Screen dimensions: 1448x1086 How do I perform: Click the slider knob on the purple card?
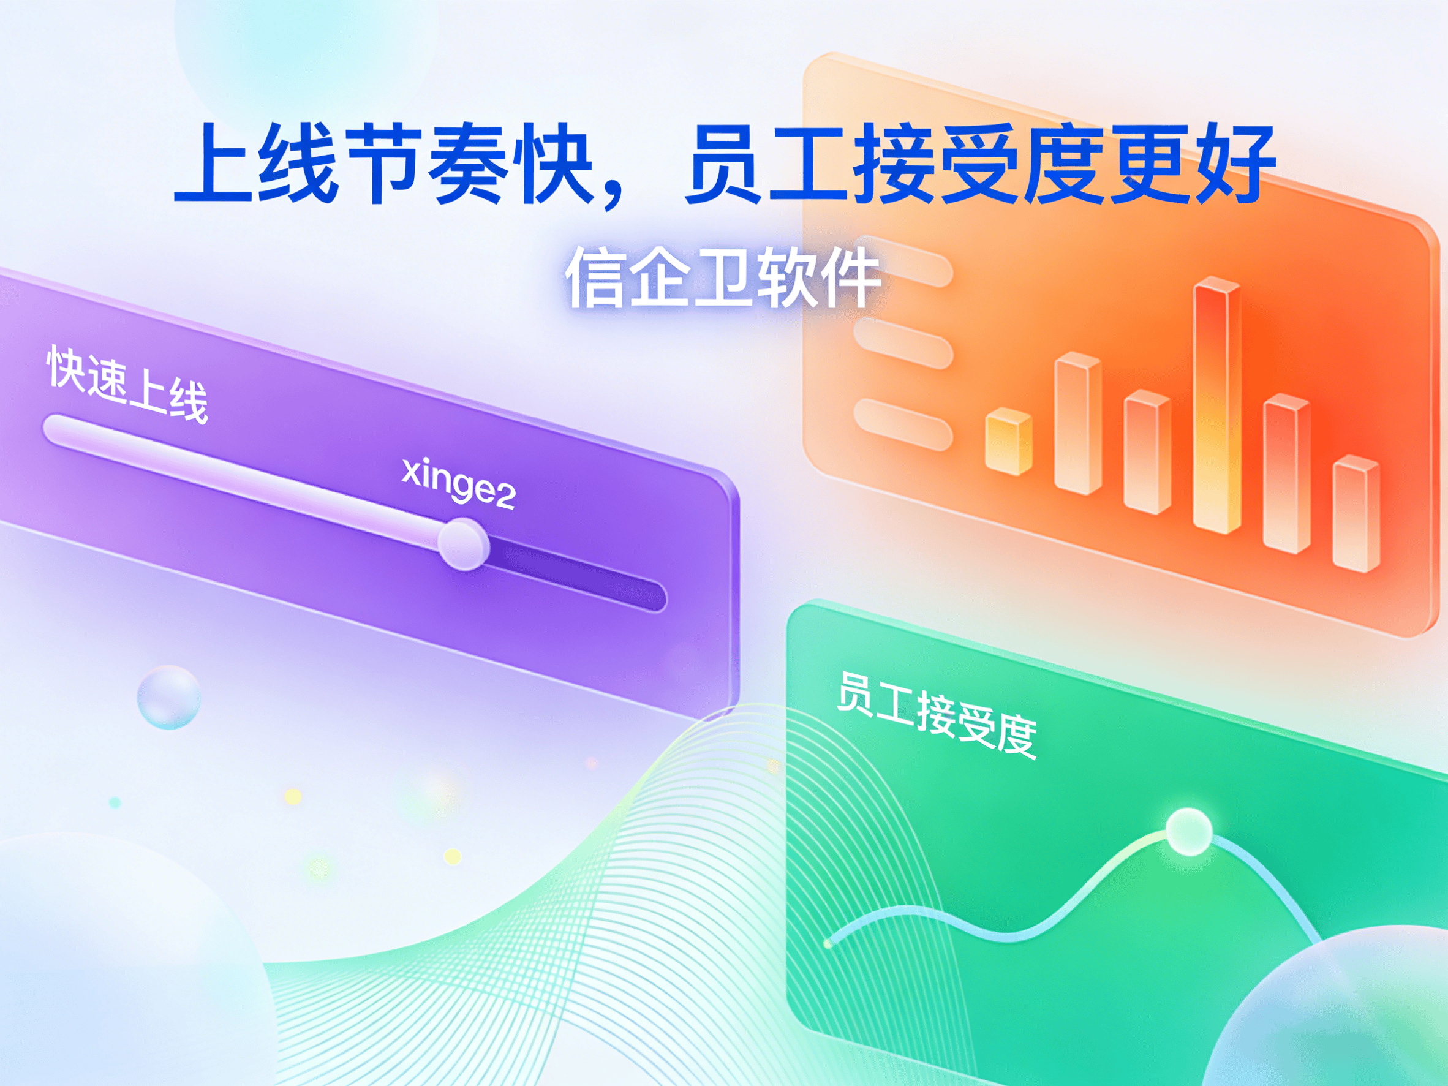pos(464,544)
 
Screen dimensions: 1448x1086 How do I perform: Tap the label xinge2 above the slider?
pos(459,484)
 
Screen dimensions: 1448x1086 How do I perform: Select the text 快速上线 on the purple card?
pos(127,385)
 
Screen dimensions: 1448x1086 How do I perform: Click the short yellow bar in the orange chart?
pos(1009,441)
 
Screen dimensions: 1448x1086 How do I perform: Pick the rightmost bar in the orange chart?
pos(1356,513)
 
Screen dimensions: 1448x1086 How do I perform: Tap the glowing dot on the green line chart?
pos(1189,831)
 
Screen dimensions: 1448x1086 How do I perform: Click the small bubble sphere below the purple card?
pos(169,697)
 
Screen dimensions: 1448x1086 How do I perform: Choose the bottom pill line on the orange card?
pos(903,425)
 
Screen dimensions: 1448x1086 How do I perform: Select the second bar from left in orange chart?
pos(1077,423)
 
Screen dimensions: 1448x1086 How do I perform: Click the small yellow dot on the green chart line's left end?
pos(828,944)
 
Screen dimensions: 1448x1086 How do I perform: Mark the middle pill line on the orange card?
pos(903,343)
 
